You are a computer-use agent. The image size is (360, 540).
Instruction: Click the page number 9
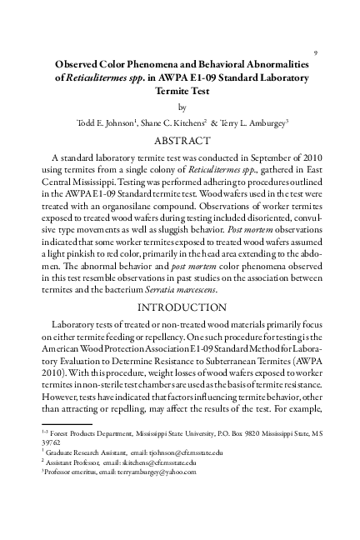[315, 52]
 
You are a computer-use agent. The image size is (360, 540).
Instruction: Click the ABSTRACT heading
[180, 141]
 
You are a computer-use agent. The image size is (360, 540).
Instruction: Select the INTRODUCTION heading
[180, 306]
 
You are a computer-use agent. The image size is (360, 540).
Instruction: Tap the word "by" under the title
[180, 107]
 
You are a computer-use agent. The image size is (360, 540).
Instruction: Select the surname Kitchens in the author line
[207, 123]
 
